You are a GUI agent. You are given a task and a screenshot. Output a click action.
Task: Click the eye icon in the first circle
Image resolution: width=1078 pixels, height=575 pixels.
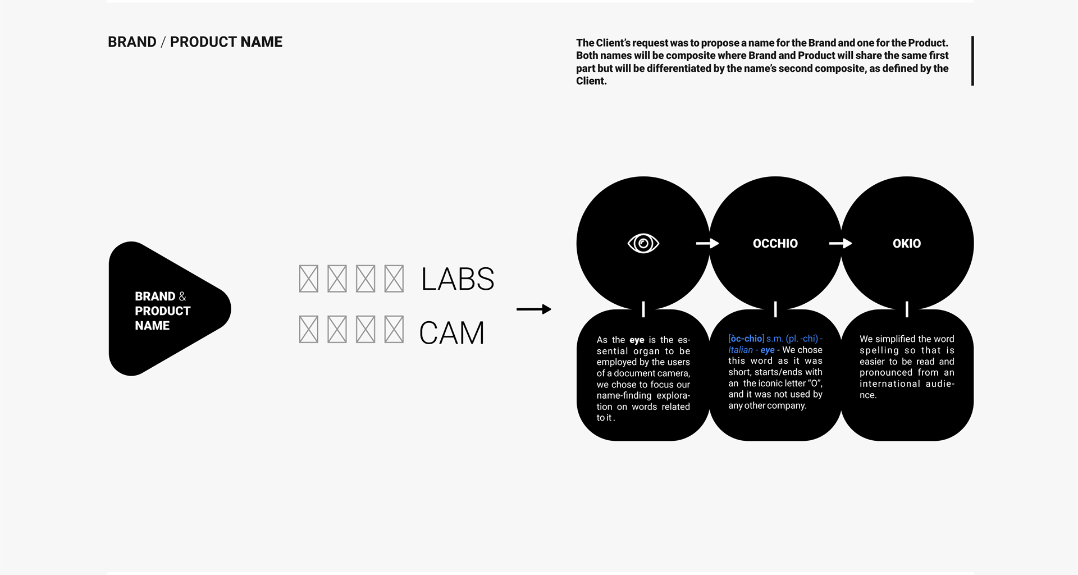pos(643,243)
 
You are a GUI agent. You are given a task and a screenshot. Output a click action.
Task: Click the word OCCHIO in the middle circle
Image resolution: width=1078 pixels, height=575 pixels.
pos(775,243)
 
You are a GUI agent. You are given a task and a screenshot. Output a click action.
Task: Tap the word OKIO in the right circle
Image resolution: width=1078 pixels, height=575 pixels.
pos(907,243)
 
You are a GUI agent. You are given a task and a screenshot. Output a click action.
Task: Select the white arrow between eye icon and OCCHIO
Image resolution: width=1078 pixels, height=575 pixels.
pos(707,243)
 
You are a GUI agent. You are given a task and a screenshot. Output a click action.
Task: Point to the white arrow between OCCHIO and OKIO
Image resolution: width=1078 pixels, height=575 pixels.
pos(841,243)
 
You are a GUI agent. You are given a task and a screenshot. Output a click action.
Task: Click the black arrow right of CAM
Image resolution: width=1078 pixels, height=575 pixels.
pos(533,309)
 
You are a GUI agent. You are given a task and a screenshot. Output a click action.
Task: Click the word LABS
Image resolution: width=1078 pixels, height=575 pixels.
pos(458,279)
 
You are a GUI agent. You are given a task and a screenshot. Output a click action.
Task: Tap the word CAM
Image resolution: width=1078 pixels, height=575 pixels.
pos(451,332)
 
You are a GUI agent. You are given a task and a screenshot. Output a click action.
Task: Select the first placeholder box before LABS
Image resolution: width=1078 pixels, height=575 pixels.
pos(308,279)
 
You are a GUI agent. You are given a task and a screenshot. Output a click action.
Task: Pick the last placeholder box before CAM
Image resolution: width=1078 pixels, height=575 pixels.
pos(394,330)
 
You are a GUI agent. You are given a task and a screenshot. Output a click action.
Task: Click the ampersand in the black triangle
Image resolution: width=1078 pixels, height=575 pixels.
pos(182,296)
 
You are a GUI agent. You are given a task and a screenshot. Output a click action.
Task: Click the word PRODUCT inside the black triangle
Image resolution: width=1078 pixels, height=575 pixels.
pos(162,311)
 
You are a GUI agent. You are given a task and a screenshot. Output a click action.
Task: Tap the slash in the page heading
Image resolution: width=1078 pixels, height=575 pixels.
pos(163,42)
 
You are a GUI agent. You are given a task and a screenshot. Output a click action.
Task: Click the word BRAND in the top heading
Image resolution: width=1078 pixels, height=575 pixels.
pos(132,42)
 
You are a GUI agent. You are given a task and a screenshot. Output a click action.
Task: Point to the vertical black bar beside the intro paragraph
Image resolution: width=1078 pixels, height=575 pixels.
pos(972,61)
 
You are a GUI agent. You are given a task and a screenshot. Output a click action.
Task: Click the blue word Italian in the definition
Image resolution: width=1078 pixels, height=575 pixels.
pos(740,350)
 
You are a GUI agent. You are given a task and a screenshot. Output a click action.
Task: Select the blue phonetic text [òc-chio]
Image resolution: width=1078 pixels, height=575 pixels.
pos(746,339)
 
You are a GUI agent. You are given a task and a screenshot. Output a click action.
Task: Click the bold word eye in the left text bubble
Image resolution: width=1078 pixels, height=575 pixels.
pos(637,340)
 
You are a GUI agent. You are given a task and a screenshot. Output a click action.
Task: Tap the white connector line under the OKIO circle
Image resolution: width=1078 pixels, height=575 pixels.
pos(907,309)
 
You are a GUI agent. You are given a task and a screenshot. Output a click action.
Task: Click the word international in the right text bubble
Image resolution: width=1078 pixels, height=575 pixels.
pos(889,384)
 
